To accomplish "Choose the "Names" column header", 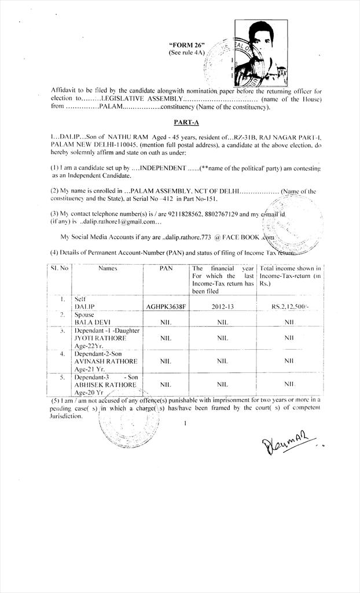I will [108, 269].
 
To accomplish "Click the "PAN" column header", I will [167, 269].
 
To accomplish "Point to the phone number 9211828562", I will [168, 214].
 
